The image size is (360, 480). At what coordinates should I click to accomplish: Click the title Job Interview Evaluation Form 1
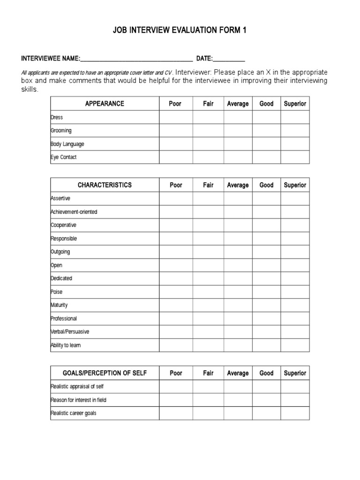[180, 30]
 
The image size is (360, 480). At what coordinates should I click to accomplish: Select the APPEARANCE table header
[105, 104]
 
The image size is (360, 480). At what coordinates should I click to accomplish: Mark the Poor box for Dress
[176, 117]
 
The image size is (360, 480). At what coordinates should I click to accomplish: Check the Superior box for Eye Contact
[295, 157]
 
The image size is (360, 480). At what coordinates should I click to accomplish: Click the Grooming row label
[61, 131]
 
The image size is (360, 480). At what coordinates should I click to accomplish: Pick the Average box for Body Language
[238, 144]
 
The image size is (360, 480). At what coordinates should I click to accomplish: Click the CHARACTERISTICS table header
[105, 185]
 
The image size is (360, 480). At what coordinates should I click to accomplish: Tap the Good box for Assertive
[266, 199]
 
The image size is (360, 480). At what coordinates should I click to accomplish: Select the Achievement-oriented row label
[74, 212]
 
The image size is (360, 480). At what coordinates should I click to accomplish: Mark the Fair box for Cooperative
[208, 225]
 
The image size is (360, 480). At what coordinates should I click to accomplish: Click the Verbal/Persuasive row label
[70, 332]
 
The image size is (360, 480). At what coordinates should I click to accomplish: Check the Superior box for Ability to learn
[295, 345]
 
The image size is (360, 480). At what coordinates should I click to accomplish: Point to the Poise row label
[57, 292]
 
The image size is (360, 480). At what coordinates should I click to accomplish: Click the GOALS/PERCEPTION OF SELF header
[105, 373]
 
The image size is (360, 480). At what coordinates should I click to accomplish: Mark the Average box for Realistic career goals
[238, 413]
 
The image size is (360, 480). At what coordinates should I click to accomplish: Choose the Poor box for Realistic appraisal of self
[176, 387]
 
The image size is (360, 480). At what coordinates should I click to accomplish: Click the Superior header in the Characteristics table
[295, 185]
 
